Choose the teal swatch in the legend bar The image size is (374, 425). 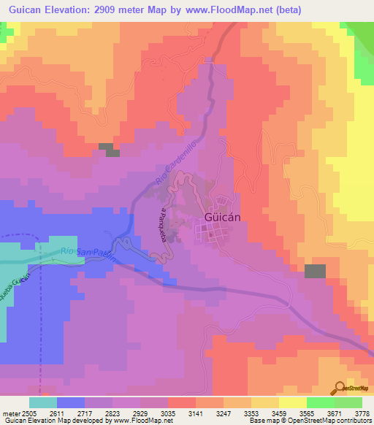[x=43, y=402]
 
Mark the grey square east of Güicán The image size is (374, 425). [x=315, y=271]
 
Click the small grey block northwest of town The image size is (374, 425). [x=109, y=149]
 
